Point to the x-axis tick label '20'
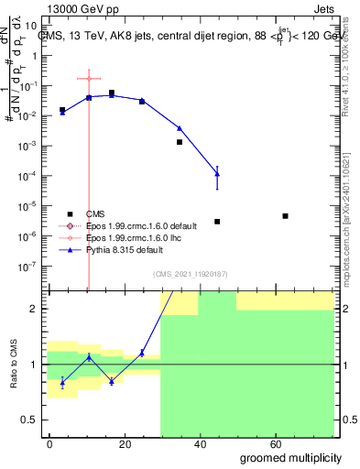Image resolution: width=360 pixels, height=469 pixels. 121,443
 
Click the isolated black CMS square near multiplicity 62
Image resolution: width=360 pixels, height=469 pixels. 286,216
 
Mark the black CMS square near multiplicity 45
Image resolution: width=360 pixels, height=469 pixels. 217,222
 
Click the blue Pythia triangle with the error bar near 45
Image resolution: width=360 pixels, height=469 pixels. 217,173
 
